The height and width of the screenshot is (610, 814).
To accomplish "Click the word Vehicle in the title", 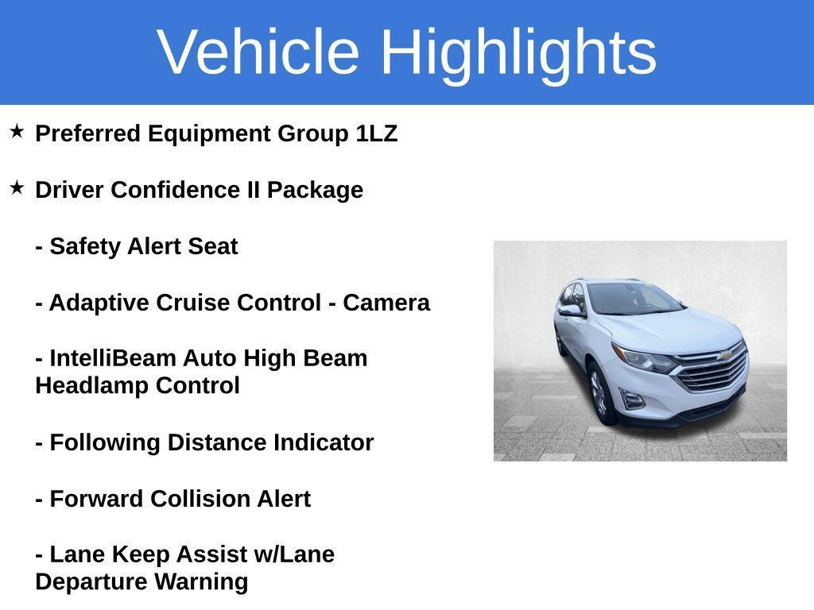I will click(258, 52).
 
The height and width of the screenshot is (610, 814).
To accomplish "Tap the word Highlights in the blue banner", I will click(518, 52).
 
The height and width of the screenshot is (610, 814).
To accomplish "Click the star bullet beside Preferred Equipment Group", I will click(17, 132).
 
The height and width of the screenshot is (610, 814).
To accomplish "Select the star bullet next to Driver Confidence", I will click(17, 188).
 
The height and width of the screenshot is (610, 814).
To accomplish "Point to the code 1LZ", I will click(377, 133).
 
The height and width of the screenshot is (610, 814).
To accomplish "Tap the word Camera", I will click(386, 303).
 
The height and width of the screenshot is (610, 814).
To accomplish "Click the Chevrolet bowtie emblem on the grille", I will click(724, 355).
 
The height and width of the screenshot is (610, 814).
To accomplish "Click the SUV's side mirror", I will click(571, 311).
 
